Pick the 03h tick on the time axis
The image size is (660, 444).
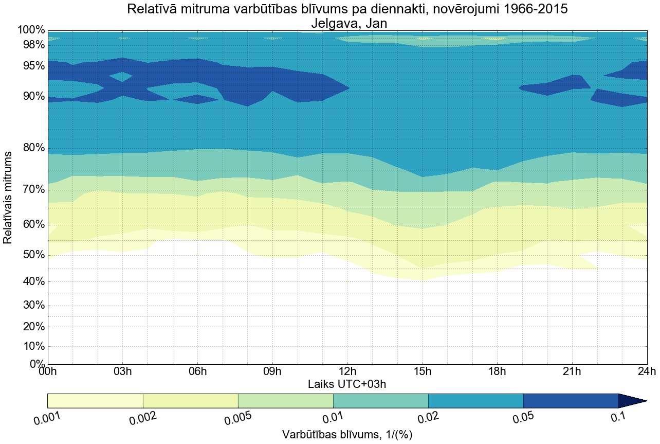click(122, 371)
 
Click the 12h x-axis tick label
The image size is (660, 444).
click(348, 371)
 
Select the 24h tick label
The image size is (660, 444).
click(647, 371)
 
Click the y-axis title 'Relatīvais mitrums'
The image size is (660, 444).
click(8, 198)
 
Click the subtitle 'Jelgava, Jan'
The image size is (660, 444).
click(348, 23)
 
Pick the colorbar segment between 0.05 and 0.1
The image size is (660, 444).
click(571, 401)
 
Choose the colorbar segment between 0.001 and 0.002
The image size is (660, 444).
click(95, 401)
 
